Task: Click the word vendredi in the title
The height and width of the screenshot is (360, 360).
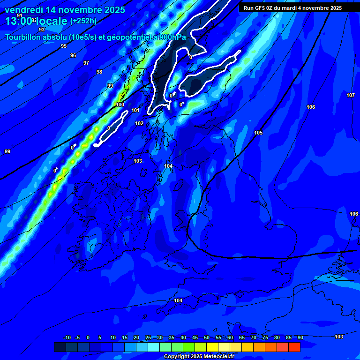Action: coord(23,10)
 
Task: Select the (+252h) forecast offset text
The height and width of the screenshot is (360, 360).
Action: coord(83,21)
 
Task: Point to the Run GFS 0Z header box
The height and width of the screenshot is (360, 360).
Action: coord(292,8)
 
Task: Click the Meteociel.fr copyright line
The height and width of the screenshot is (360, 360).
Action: coord(199,357)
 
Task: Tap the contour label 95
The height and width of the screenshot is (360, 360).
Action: coord(64,46)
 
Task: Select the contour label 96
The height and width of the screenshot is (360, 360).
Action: coord(73,55)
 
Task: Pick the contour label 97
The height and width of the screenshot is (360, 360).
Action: coord(86,63)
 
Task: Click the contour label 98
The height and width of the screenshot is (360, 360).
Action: coord(99,72)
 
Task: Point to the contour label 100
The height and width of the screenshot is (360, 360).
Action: coord(120,105)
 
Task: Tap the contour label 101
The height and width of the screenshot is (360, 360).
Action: coord(135,111)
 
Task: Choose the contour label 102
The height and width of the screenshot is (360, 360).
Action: coord(139,123)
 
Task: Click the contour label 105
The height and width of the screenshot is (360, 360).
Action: coord(258,133)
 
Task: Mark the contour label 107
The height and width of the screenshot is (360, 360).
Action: coord(350,95)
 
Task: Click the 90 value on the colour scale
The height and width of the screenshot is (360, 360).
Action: coord(300,337)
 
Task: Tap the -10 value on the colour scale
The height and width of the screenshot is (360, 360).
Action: coord(67,337)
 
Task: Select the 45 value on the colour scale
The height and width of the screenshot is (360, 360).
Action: coord(195,337)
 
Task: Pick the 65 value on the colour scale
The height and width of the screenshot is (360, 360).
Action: coord(241,337)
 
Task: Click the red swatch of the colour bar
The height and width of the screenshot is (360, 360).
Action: coord(294,347)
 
